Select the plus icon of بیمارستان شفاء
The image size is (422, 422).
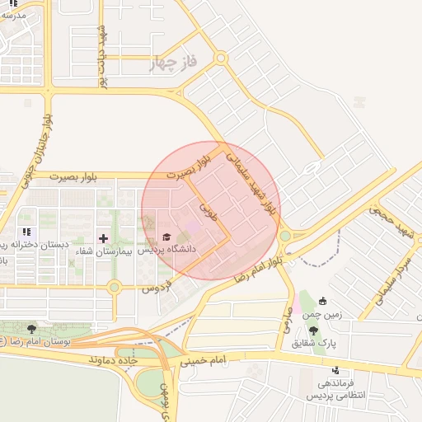[x=103, y=238]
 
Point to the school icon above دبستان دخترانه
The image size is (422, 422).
[x=27, y=232]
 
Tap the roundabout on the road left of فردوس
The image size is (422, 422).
[x=115, y=287]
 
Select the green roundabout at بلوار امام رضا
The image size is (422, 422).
[x=284, y=236]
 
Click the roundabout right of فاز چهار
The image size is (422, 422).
[x=220, y=58]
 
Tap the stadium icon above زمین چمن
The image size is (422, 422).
[x=323, y=301]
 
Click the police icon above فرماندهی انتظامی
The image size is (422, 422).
[x=335, y=371]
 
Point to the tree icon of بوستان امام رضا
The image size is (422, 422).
[x=31, y=328]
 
